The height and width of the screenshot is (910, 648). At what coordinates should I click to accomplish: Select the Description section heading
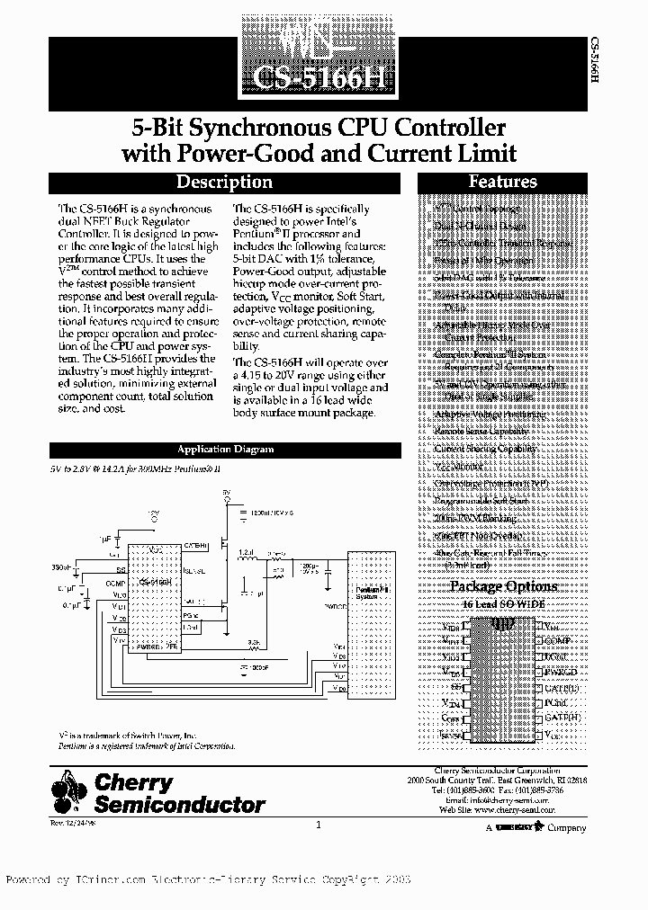[223, 183]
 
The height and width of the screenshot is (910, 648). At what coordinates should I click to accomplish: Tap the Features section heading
[502, 182]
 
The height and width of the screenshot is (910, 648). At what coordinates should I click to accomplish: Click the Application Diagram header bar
[225, 450]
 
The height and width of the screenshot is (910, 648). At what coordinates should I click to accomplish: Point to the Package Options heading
[502, 587]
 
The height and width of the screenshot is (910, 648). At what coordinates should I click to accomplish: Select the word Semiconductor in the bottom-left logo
[180, 805]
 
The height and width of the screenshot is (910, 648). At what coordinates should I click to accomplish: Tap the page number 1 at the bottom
[319, 825]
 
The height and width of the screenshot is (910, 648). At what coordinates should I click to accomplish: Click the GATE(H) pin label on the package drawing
[562, 718]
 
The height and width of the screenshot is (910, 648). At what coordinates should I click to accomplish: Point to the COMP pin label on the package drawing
[558, 641]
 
